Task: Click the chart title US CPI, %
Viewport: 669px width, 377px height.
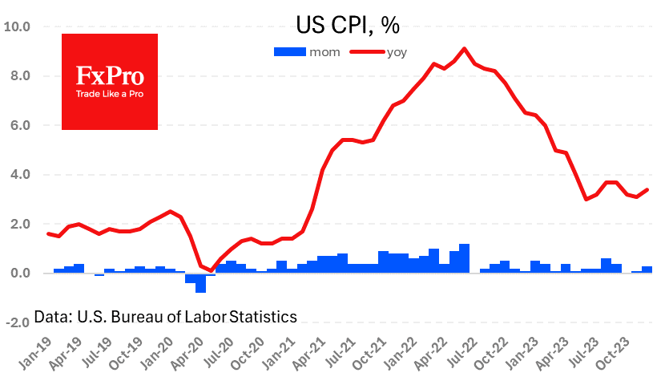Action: tap(348, 25)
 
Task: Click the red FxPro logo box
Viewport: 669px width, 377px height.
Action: tap(110, 81)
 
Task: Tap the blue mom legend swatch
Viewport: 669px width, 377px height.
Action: tap(289, 51)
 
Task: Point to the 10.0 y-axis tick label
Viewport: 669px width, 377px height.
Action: tap(18, 26)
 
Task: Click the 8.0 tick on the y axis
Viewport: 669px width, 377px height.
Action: tap(20, 76)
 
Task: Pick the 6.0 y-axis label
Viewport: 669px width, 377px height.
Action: tap(20, 125)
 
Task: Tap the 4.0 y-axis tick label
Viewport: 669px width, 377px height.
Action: tap(20, 175)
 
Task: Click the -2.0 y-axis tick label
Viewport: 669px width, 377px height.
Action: tap(18, 322)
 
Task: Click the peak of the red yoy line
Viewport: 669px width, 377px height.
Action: tap(465, 49)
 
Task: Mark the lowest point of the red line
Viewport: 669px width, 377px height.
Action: tap(211, 271)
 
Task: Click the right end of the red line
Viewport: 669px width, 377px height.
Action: tap(647, 190)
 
